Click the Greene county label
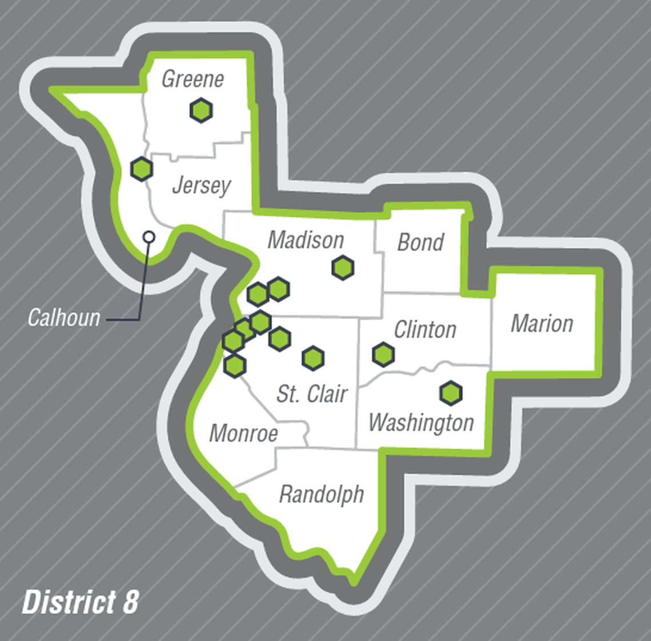point(192,79)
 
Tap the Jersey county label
point(201,185)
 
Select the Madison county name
point(306,240)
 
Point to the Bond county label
point(420,242)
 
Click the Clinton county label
point(425,329)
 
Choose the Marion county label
point(541,324)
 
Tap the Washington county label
point(421,423)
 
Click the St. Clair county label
point(312,394)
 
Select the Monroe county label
point(243,433)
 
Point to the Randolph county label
point(321,494)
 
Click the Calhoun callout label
point(63,317)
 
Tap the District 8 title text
point(80,602)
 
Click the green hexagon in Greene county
point(201,110)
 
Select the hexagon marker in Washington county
point(451,393)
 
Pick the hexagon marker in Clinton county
point(383,355)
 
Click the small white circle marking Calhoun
point(148,236)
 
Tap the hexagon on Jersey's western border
point(141,169)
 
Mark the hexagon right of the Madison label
point(343,268)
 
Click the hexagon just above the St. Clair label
point(313,358)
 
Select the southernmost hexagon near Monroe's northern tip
point(235,365)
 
